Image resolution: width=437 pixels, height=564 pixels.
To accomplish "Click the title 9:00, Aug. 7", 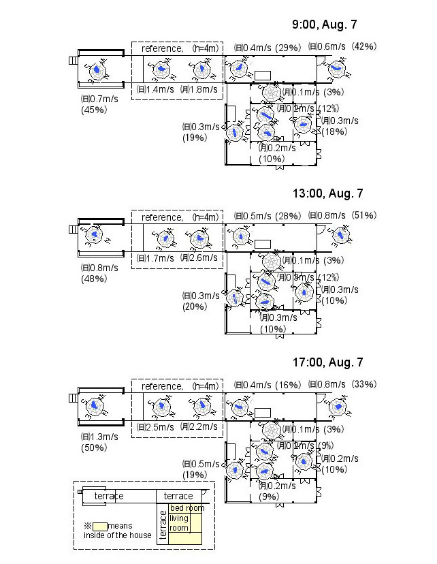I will [x=324, y=25].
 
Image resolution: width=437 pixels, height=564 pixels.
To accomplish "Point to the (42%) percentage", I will [x=364, y=47].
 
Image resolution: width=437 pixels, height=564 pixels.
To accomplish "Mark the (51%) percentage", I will [x=364, y=215].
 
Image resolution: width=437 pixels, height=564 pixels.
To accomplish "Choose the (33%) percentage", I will [x=364, y=384].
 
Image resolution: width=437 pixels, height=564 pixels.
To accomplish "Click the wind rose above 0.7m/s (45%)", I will [x=97, y=70].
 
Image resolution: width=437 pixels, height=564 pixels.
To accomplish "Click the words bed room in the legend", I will [x=187, y=508].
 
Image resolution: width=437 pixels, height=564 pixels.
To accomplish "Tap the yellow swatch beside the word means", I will [x=100, y=526].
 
